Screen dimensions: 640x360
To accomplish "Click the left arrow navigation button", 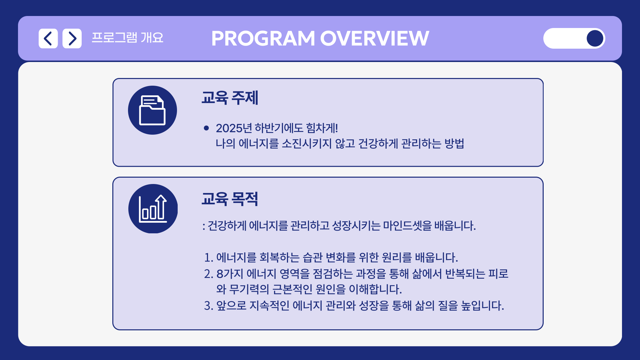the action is click(48, 38).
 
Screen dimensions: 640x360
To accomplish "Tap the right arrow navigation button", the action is click(72, 38).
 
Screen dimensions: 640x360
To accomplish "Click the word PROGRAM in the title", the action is click(263, 38).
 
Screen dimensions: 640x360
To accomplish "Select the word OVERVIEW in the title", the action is click(375, 38).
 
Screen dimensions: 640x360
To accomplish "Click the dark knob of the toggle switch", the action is click(595, 38).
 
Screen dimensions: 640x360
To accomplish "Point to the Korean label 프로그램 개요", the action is click(128, 38).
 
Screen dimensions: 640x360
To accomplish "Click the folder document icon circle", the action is click(152, 110).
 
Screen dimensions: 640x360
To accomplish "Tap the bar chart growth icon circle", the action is click(153, 209).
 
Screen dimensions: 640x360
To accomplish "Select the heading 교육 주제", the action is click(230, 98).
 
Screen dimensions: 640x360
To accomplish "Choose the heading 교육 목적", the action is click(230, 199).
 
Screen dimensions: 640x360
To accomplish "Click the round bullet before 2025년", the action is click(206, 128).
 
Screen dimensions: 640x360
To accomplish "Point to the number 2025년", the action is click(234, 128).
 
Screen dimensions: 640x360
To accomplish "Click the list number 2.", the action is click(209, 274).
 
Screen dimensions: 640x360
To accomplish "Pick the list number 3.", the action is click(209, 305).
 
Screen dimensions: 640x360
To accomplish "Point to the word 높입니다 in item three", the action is click(482, 305).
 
